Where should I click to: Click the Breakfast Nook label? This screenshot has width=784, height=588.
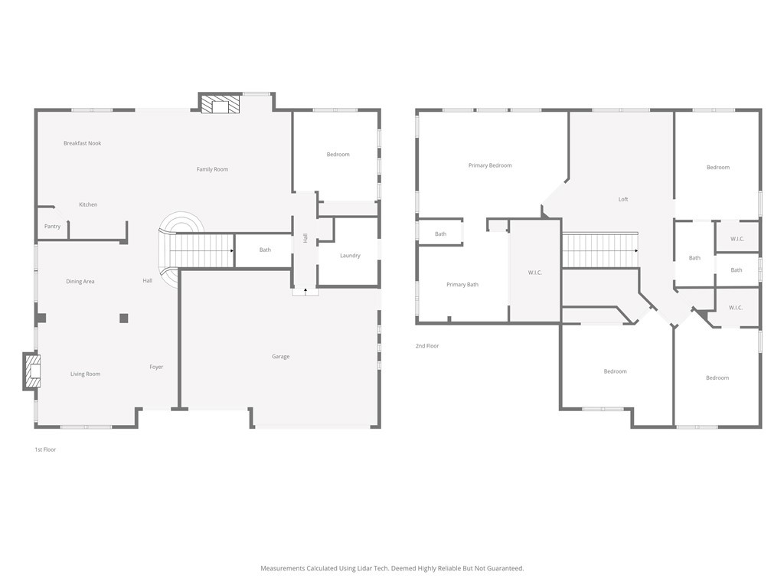(x=83, y=143)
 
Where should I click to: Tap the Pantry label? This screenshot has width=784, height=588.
(x=53, y=226)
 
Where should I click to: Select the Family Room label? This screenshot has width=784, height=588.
(x=213, y=169)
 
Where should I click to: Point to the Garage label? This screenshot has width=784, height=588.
(x=280, y=357)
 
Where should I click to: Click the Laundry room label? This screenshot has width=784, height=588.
(x=350, y=256)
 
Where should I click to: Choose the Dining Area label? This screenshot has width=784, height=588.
(x=80, y=282)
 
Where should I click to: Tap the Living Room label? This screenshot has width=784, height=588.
(x=85, y=374)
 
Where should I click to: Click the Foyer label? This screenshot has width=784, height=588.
(x=156, y=367)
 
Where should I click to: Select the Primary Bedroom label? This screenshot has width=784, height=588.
(x=490, y=165)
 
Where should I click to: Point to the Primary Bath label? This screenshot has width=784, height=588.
(x=462, y=285)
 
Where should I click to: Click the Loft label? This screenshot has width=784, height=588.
(x=623, y=199)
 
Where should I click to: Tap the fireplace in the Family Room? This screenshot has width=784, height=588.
(x=220, y=104)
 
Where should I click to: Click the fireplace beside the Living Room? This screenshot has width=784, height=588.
(x=32, y=371)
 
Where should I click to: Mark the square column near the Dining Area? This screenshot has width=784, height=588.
(x=123, y=318)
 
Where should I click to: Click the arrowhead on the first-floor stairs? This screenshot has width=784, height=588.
(x=232, y=250)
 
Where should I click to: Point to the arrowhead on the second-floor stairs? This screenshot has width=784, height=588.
(x=636, y=250)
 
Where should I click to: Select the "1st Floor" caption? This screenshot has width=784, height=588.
(x=45, y=449)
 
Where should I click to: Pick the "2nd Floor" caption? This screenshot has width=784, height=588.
(x=427, y=345)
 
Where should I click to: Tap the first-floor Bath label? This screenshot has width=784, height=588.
(x=265, y=250)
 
